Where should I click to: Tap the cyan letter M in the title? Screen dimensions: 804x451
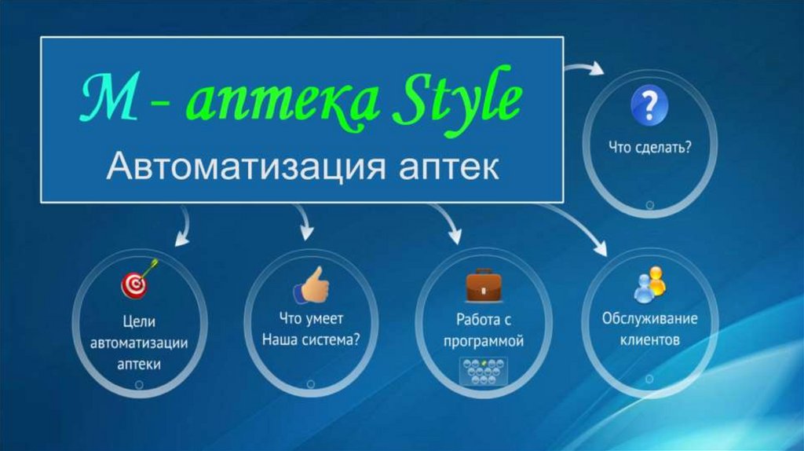pos(109,96)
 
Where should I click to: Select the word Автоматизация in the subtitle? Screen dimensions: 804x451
pos(246,167)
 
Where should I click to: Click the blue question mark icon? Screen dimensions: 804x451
pos(649,105)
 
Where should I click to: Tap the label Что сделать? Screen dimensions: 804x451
pos(649,148)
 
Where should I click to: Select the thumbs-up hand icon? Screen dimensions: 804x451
pos(311,284)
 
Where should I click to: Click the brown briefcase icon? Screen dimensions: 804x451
pos(484,284)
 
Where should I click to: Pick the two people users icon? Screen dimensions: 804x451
pos(649,284)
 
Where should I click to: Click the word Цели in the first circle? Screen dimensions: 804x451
pos(139,321)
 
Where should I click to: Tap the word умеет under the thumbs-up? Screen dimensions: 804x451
pos(326,319)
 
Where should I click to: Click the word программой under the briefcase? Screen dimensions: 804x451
pos(484,342)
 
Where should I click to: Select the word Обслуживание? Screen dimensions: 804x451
pos(649,319)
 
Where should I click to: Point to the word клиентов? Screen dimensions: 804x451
pos(649,339)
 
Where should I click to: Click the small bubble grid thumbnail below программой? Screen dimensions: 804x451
pos(483,372)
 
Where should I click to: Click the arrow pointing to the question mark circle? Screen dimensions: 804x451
pos(584,68)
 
